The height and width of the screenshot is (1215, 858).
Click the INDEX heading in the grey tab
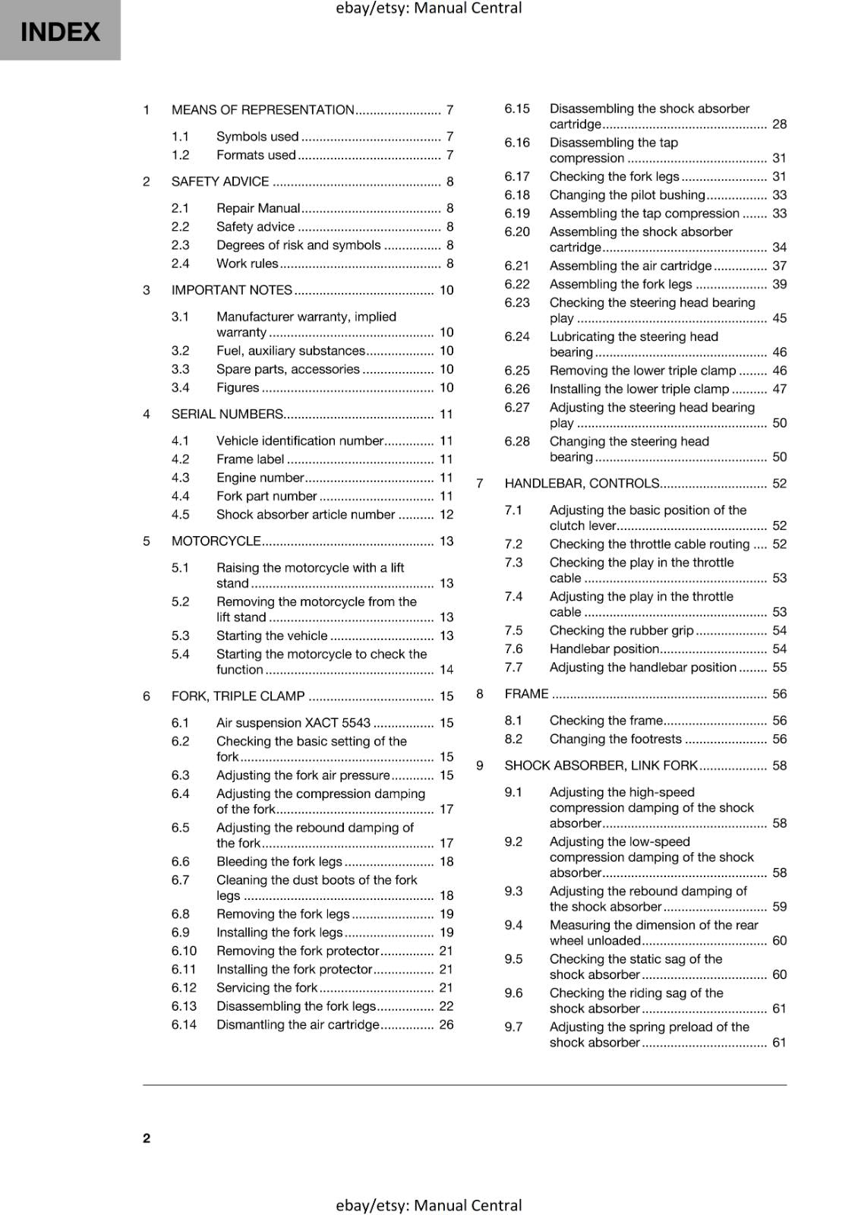coord(60,32)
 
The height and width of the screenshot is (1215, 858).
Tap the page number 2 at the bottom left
coord(147,1138)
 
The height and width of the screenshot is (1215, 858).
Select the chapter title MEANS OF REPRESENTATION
coord(263,110)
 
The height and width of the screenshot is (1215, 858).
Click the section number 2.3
coord(180,245)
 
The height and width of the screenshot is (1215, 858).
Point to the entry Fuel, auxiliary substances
coord(290,351)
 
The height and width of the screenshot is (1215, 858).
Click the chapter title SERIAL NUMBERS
coord(227,415)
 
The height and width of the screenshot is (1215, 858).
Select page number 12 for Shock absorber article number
coord(446,515)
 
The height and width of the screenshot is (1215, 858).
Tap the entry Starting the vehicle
coord(272,636)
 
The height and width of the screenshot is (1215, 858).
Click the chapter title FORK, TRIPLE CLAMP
coord(238,696)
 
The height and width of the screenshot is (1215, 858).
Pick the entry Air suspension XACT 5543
coord(293,723)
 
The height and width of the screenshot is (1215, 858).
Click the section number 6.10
coord(184,951)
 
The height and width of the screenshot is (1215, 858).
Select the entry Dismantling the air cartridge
coord(297,1024)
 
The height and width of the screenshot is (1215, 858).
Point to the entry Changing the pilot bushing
coord(626,195)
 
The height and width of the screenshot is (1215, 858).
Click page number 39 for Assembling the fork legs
coord(779,284)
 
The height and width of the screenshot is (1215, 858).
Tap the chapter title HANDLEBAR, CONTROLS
coord(582,484)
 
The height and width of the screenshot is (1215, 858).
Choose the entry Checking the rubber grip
coord(621,630)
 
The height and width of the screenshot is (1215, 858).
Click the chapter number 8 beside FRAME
coord(480,693)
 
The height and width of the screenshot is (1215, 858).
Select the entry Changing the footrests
coord(615,739)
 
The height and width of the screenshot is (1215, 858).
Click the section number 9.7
coord(513,1027)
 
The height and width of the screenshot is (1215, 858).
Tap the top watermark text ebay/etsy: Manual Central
coord(428,8)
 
